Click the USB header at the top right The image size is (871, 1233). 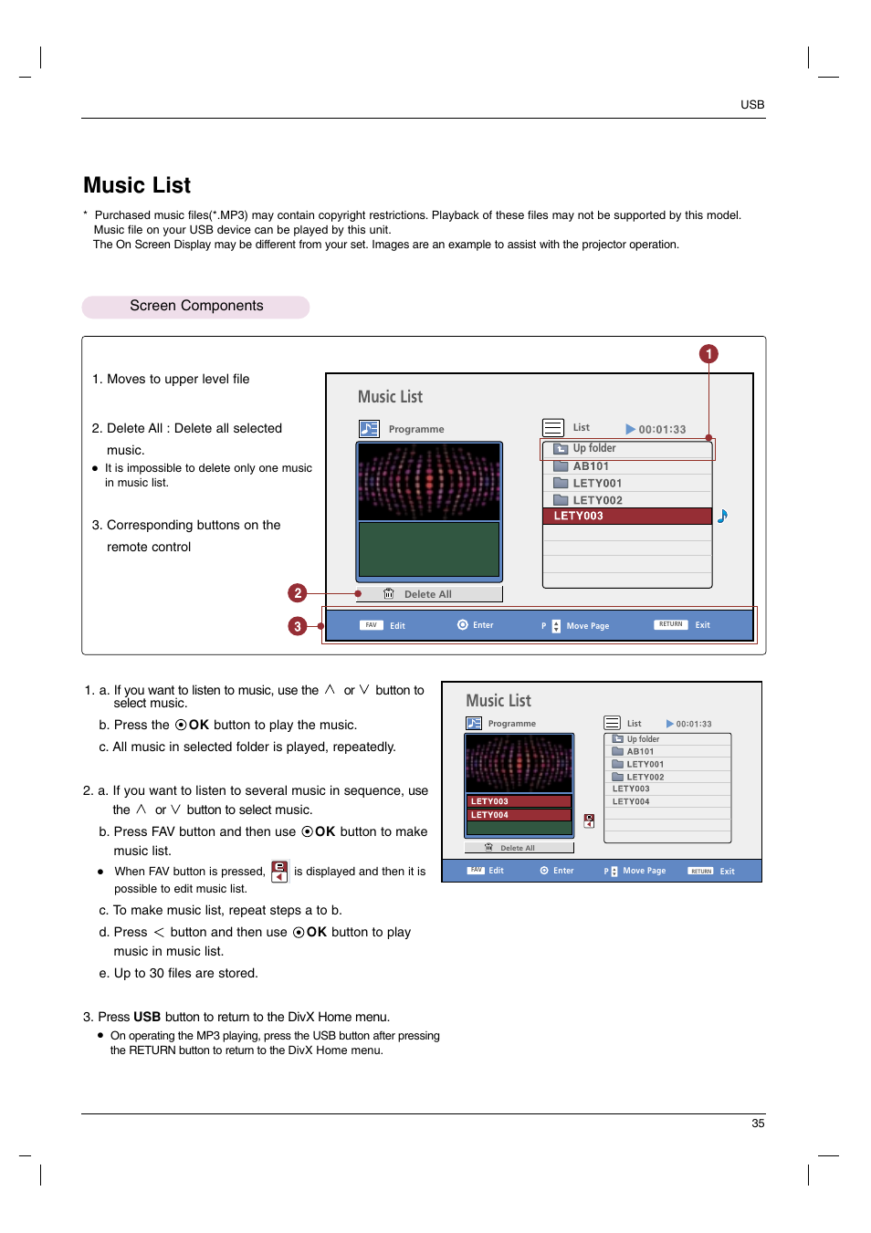click(x=751, y=105)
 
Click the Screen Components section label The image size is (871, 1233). click(x=196, y=307)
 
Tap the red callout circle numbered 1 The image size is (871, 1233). click(x=708, y=354)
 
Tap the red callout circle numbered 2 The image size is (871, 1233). click(x=297, y=593)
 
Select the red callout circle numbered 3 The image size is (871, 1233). click(x=297, y=626)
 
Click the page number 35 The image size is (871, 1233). click(x=758, y=1123)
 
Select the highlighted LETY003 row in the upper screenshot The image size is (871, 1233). click(x=627, y=517)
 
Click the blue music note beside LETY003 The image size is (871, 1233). click(x=722, y=517)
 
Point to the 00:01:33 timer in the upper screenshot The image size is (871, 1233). click(x=661, y=430)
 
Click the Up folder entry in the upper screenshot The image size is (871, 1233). click(x=593, y=449)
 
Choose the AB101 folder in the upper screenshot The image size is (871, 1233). click(x=590, y=466)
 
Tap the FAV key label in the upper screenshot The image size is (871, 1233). click(x=371, y=626)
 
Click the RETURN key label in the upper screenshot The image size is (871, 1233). click(x=670, y=625)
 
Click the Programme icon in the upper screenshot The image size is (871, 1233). click(x=369, y=429)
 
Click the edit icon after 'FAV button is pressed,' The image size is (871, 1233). click(x=279, y=872)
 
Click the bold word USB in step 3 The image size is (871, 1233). click(x=147, y=1017)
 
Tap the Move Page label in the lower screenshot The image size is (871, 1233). click(x=644, y=871)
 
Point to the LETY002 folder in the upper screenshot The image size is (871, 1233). click(x=597, y=500)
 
